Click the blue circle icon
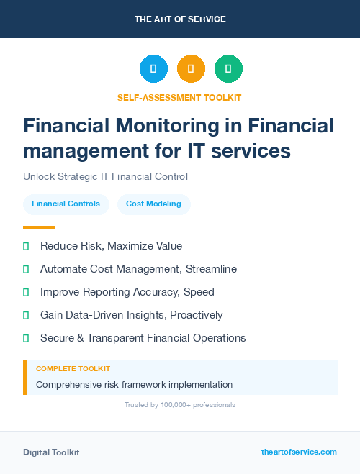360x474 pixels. [153, 68]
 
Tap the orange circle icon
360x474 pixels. [191, 68]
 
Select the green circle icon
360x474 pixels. [228, 68]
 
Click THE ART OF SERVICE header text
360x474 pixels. [180, 19]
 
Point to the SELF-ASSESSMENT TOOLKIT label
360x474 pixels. [179, 97]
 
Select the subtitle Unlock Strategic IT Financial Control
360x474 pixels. [105, 176]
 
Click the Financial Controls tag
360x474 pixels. [66, 204]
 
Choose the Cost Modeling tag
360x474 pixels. [154, 204]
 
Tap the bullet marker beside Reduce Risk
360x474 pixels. [26, 246]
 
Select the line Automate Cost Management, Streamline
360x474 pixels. [138, 269]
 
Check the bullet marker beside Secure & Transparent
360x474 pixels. [26, 338]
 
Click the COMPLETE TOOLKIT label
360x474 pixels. [73, 368]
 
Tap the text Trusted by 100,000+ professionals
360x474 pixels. [180, 405]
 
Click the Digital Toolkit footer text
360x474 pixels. [51, 452]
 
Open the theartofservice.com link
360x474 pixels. [299, 452]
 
